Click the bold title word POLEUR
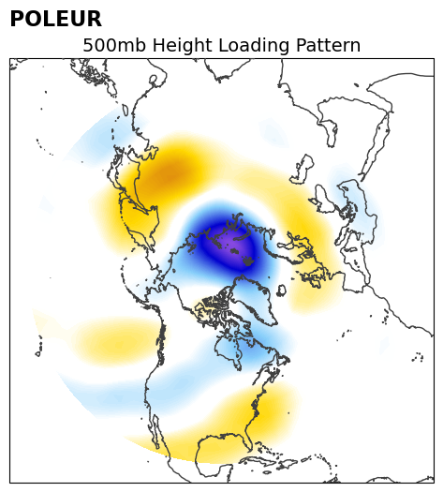56,19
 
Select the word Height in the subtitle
182,46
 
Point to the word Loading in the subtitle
254,46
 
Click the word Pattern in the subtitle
328,45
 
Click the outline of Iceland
281,290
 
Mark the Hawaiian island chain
40,347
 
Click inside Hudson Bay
228,349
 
